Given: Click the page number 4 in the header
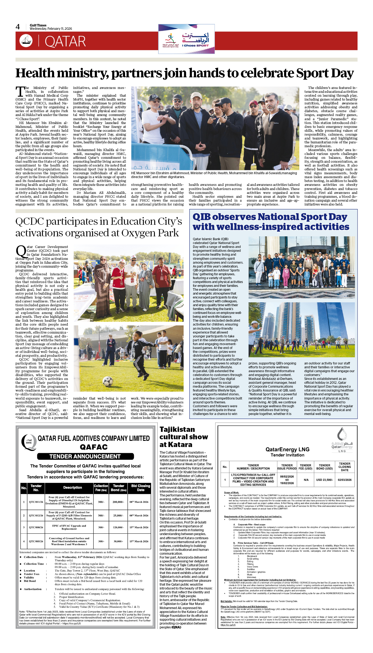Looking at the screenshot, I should pos(18,27).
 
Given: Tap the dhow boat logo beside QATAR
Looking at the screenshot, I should pos(26,41).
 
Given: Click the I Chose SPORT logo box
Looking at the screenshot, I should pos(186,39).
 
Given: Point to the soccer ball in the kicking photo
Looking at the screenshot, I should pos(107,381).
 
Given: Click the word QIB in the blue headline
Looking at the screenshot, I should pos(201,217).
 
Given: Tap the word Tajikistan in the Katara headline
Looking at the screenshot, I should pos(177,429).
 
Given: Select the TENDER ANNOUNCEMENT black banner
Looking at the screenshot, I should pos(85,456).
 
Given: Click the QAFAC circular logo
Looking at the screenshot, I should pos(29,442).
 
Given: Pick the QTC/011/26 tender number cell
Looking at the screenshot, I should pos(36,502).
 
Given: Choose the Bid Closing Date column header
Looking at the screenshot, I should pos(141,488).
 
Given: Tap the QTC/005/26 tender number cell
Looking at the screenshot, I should pos(36,541).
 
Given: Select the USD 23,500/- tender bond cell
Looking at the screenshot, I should pos(324,480).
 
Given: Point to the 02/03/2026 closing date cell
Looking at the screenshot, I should pos(345,480).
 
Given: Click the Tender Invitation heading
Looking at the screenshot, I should pos(287,455).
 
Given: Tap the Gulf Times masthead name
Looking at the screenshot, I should pos(38,25).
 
